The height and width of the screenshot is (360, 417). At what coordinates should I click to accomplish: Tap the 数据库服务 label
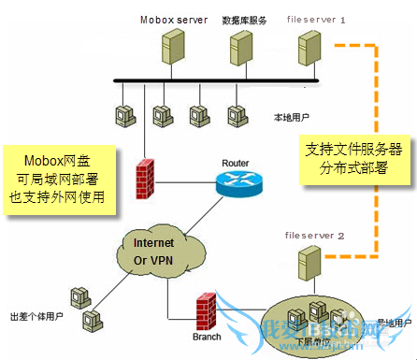pos(244,19)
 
